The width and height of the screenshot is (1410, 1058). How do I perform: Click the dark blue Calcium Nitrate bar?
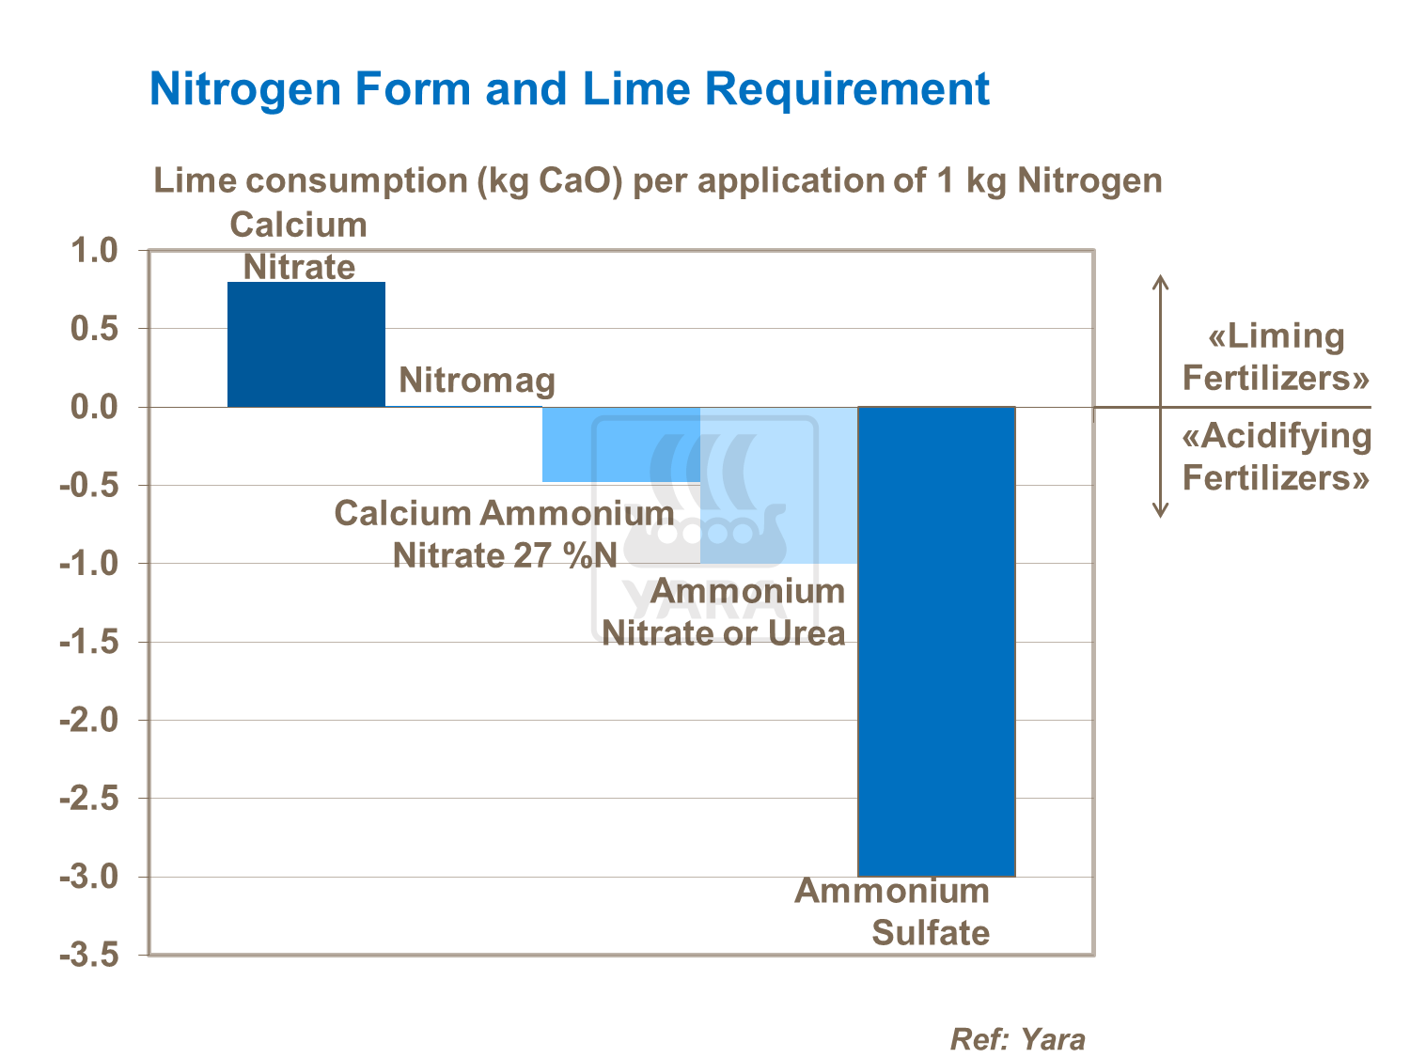[x=306, y=344]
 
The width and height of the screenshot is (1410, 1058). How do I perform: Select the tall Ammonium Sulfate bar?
[x=936, y=641]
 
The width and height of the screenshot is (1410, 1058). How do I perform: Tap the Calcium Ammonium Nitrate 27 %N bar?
[x=621, y=444]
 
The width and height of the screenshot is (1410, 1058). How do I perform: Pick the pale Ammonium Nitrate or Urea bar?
[x=778, y=485]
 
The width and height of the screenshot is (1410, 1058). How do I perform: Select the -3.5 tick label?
[x=88, y=956]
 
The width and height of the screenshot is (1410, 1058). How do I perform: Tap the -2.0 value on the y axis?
[x=88, y=721]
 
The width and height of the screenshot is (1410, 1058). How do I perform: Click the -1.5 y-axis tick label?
[x=88, y=643]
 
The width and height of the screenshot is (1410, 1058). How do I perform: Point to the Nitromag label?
[x=477, y=381]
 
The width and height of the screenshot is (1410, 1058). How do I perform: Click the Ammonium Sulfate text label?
[x=892, y=911]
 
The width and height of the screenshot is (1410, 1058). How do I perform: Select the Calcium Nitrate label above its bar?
[x=299, y=245]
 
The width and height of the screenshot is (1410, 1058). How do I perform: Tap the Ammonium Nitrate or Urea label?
[x=724, y=612]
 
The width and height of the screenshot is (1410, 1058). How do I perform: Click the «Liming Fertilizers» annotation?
[x=1276, y=357]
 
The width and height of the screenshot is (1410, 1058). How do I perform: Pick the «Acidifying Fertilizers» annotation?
[x=1276, y=457]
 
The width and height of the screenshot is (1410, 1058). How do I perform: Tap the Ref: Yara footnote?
[x=1017, y=1039]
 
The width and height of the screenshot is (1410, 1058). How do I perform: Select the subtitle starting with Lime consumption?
[x=658, y=180]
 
